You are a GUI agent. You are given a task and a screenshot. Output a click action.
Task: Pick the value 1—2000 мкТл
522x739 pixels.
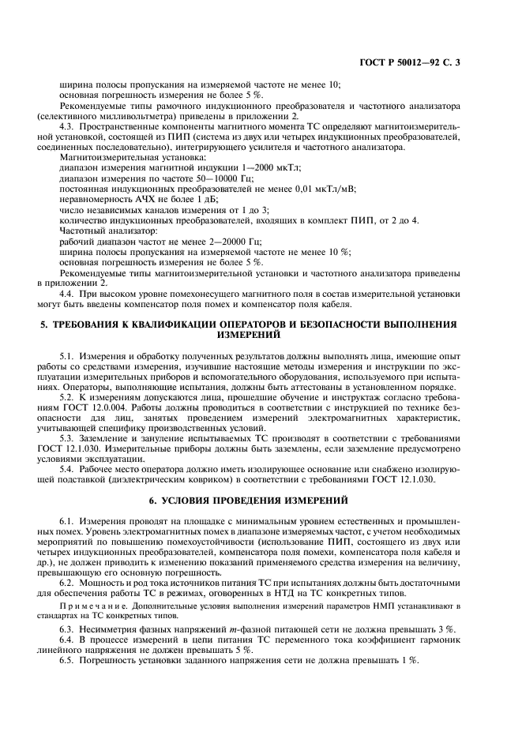271,168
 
